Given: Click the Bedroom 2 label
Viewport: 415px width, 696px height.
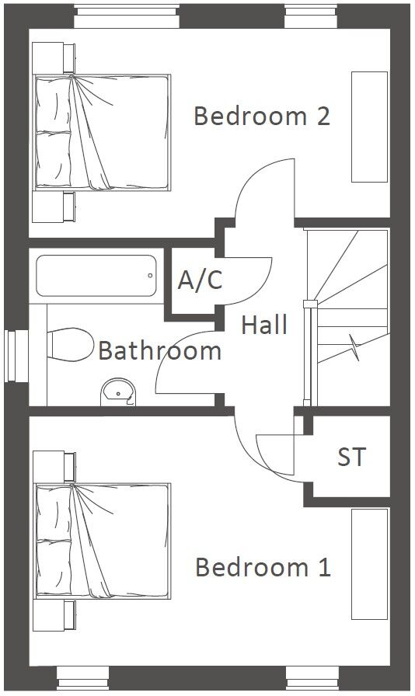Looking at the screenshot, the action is pos(262,116).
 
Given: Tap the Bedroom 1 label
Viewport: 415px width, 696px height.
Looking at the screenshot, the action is pos(263,567).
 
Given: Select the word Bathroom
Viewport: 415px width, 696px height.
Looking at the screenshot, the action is pos(159,350).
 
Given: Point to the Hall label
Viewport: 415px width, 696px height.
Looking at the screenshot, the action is pos(264,325).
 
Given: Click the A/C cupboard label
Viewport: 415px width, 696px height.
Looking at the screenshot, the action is pos(200,280).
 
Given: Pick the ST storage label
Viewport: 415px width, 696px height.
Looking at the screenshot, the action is pos(352,456).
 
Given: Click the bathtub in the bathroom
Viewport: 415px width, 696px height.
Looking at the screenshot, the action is pos(96,276).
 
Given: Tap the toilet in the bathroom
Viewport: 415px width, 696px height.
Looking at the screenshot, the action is pos(70,344).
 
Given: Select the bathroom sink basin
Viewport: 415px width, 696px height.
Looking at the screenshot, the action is pos(119,392).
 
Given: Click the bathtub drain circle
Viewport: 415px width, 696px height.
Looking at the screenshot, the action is pos(150,276).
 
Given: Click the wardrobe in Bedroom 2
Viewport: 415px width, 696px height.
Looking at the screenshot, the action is pos(370,127).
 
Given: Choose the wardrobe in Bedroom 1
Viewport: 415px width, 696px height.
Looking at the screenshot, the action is pos(370,564).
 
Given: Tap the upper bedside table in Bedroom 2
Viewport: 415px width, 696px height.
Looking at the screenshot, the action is pos(54,57).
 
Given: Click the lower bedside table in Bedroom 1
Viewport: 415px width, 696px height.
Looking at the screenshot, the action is pos(54,615).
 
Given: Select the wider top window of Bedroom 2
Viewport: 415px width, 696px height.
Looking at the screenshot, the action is pos(127,16).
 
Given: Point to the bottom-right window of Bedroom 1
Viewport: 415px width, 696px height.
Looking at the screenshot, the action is pos(312,679).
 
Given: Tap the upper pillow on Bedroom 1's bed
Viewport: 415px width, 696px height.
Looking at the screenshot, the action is pos(54,513).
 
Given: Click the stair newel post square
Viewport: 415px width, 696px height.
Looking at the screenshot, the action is pos(310,304).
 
